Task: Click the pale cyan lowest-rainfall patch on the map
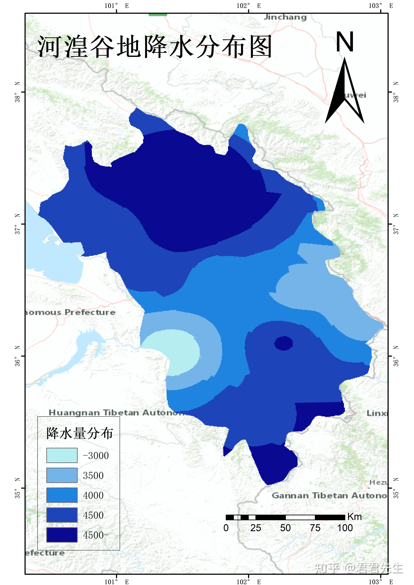point(173,352)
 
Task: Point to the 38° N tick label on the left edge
point(17,92)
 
